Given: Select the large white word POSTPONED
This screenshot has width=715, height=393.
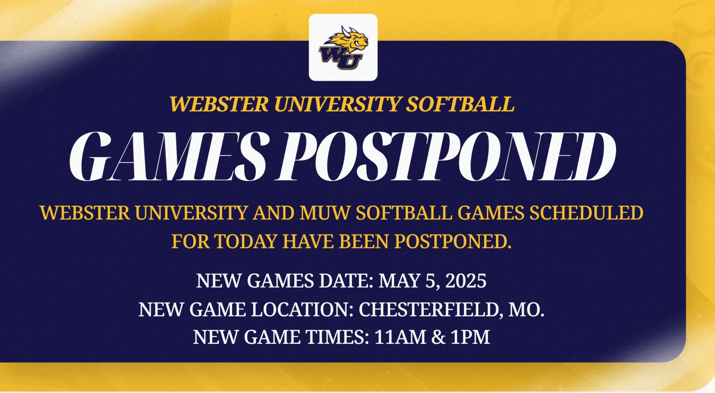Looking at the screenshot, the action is [445, 156].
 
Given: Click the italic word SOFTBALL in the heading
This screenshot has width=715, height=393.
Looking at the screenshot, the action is [460, 104].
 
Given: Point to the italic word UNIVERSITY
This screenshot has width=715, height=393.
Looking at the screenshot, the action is [337, 104].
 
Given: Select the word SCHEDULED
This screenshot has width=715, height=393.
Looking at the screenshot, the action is [586, 213].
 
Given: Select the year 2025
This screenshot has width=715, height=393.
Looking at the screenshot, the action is [466, 281].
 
